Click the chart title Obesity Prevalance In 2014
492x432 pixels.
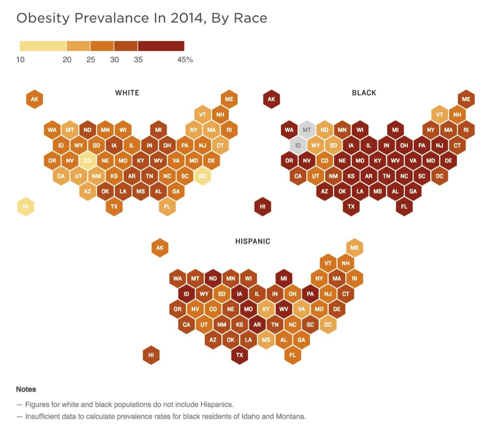point(142,19)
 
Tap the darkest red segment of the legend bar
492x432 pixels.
point(161,46)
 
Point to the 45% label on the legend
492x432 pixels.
point(185,60)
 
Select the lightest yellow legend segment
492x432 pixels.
point(43,46)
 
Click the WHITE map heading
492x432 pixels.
point(127,92)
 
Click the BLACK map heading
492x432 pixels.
point(364,92)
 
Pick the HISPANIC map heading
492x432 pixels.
point(253,241)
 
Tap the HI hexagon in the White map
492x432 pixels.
point(25,207)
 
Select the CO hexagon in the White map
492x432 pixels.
point(87,161)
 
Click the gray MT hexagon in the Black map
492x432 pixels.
point(306,130)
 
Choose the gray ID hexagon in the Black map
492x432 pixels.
point(298,146)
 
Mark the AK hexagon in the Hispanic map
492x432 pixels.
point(160,248)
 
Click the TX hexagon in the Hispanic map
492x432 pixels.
point(240,355)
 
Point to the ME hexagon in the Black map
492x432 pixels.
point(466,99)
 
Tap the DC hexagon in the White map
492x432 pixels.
point(202,176)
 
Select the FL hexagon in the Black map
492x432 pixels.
point(404,207)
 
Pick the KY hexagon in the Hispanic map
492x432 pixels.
point(266,309)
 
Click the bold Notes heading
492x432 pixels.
point(26,389)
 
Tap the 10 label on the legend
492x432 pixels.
point(20,60)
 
